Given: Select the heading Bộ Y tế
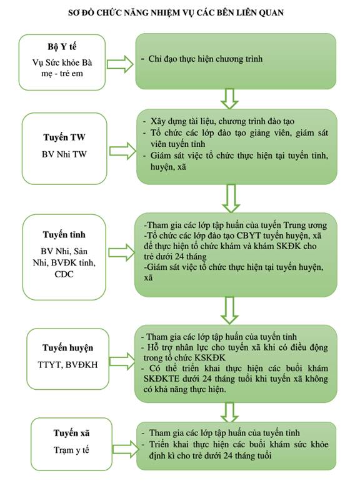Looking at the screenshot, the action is click(62, 47).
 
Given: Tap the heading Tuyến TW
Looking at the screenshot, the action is click(64, 137).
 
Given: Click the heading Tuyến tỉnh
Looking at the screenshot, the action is click(64, 235).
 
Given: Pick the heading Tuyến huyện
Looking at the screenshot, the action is click(68, 348).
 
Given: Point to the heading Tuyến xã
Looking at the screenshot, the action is click(71, 433).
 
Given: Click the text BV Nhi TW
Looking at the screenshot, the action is click(64, 154).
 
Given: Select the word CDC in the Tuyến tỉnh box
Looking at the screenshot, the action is click(64, 274).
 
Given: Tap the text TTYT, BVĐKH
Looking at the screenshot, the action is click(68, 364).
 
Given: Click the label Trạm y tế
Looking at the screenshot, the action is click(71, 450).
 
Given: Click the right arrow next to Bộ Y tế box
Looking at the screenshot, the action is click(120, 64).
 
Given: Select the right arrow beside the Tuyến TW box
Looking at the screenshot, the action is click(122, 151).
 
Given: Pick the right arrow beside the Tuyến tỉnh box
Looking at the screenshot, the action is click(122, 253).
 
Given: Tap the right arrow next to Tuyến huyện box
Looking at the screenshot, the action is click(122, 361).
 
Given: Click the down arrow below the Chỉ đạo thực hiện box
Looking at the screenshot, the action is click(229, 99).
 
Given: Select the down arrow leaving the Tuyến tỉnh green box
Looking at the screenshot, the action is click(229, 310).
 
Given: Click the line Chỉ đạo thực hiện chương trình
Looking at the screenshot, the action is click(206, 59).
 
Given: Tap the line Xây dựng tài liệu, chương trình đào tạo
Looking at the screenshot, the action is click(222, 121).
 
